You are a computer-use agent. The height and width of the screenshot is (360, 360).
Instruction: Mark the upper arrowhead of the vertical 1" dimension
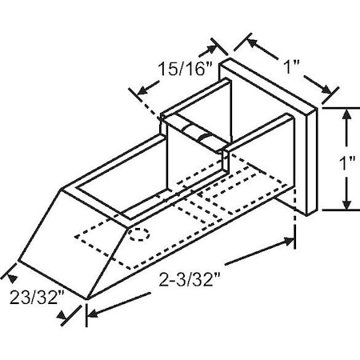click(346, 114)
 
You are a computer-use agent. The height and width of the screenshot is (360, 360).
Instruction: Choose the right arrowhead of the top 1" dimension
click(331, 91)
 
